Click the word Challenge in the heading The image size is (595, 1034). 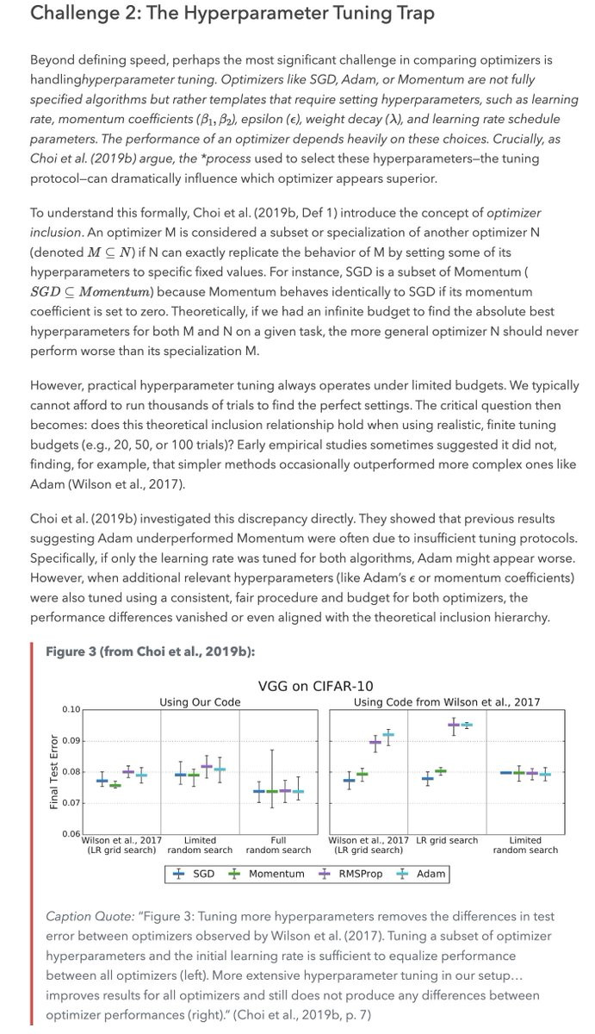(74, 14)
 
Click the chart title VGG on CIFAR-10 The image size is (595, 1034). (315, 686)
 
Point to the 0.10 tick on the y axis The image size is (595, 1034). (71, 709)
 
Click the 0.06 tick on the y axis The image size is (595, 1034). (71, 834)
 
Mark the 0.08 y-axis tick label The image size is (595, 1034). (71, 771)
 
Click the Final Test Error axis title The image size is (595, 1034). (54, 771)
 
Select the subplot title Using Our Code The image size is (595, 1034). (200, 702)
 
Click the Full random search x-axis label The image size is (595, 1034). (278, 845)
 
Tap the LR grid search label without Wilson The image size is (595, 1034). (447, 840)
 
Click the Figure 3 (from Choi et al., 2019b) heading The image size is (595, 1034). (150, 651)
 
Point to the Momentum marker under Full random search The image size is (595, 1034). (273, 791)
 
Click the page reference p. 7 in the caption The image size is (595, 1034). (356, 1015)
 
